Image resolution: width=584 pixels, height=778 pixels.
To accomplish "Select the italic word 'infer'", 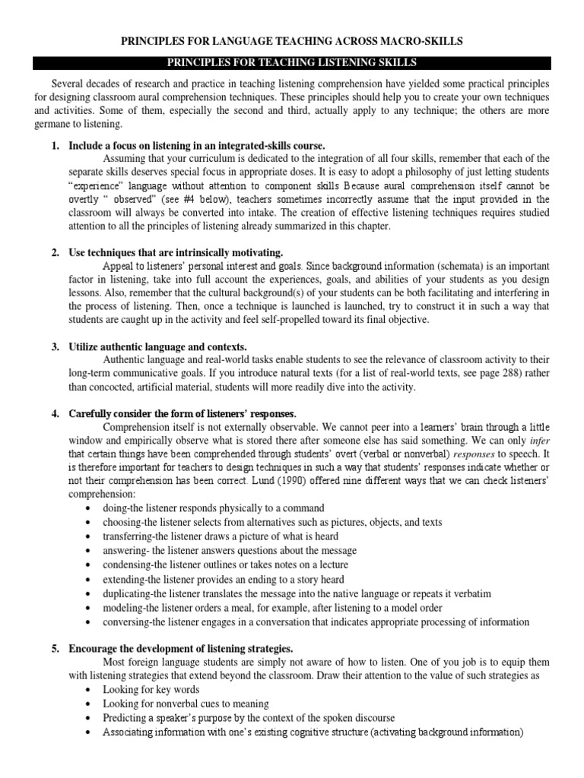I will coord(539,441).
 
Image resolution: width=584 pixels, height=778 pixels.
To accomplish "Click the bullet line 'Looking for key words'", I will coord(152,689).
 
